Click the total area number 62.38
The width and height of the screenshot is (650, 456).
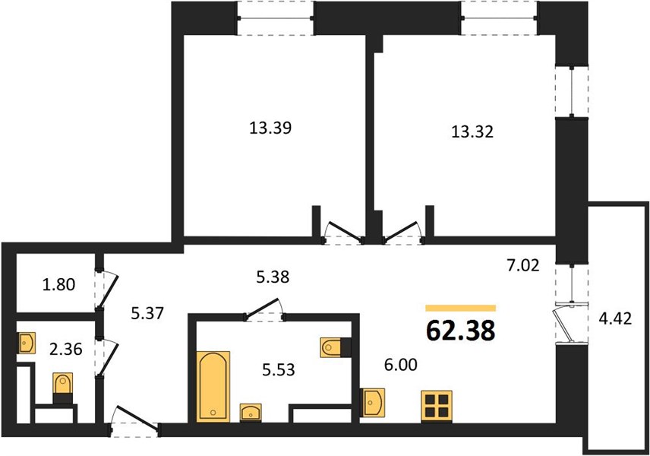pos(461,331)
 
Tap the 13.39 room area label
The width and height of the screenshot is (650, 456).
pos(270,128)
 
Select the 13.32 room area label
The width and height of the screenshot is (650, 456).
pos(472,131)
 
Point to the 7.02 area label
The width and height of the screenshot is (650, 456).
pos(523,264)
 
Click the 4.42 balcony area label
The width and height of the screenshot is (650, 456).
pos(615,318)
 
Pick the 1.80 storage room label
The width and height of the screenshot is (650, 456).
pos(59,285)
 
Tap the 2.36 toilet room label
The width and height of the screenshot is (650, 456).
pos(65,349)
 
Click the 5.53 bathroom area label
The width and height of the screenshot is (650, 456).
pos(279,369)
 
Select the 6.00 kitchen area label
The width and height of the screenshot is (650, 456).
pos(400,365)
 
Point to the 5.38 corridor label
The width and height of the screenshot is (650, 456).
pos(273,277)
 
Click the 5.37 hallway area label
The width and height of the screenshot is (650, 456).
pos(147,313)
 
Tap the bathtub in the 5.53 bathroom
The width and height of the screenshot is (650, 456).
pos(213,386)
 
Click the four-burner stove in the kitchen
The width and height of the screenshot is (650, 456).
pos(437,406)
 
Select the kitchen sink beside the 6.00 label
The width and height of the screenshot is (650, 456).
pos(374,402)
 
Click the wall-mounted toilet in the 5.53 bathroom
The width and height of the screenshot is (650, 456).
pos(336,347)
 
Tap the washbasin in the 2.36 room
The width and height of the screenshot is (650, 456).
pos(27,343)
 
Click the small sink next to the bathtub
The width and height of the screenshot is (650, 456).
pos(251,413)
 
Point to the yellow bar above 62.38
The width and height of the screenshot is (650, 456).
pos(461,308)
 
